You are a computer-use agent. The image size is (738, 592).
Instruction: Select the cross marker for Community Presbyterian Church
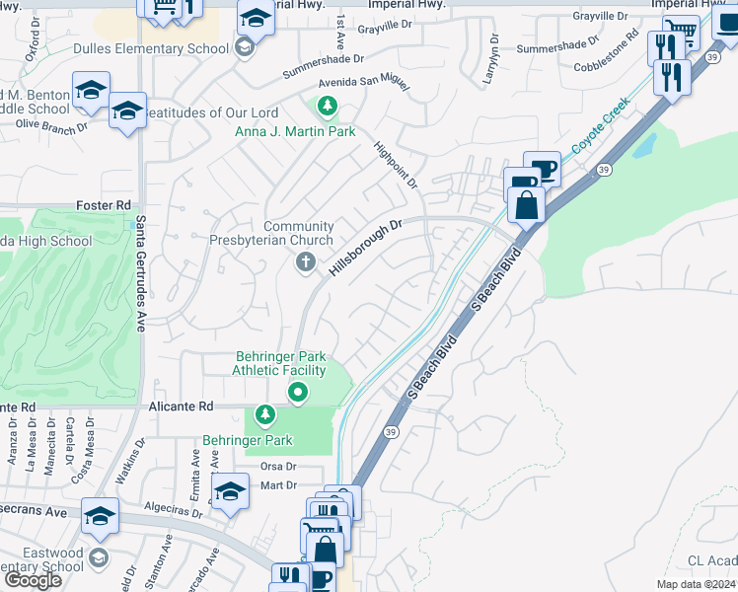[x=306, y=262]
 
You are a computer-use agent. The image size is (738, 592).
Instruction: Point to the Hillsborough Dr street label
[x=366, y=248]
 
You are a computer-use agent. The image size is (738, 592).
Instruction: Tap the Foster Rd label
[x=104, y=205]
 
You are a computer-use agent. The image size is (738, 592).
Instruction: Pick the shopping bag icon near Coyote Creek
[x=528, y=205]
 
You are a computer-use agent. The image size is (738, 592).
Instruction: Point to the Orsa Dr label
[x=278, y=466]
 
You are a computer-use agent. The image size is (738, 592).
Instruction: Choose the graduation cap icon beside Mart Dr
[x=230, y=491]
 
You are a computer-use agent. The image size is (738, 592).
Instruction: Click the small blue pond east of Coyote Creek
[x=644, y=146]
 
